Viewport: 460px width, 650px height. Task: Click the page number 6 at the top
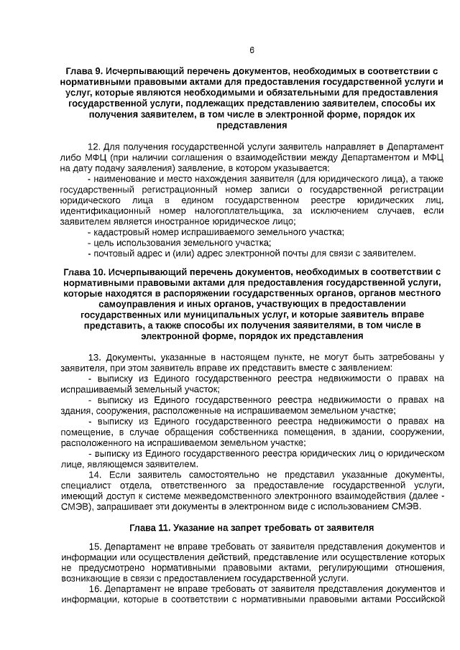tap(252, 50)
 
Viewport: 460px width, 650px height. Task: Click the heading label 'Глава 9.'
tap(84, 72)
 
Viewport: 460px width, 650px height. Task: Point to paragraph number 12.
tap(93, 144)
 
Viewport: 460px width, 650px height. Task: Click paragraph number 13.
tap(93, 357)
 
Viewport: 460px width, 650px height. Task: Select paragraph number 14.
tap(93, 475)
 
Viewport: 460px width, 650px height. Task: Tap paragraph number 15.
tap(93, 547)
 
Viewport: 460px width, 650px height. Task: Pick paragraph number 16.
tap(93, 589)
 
